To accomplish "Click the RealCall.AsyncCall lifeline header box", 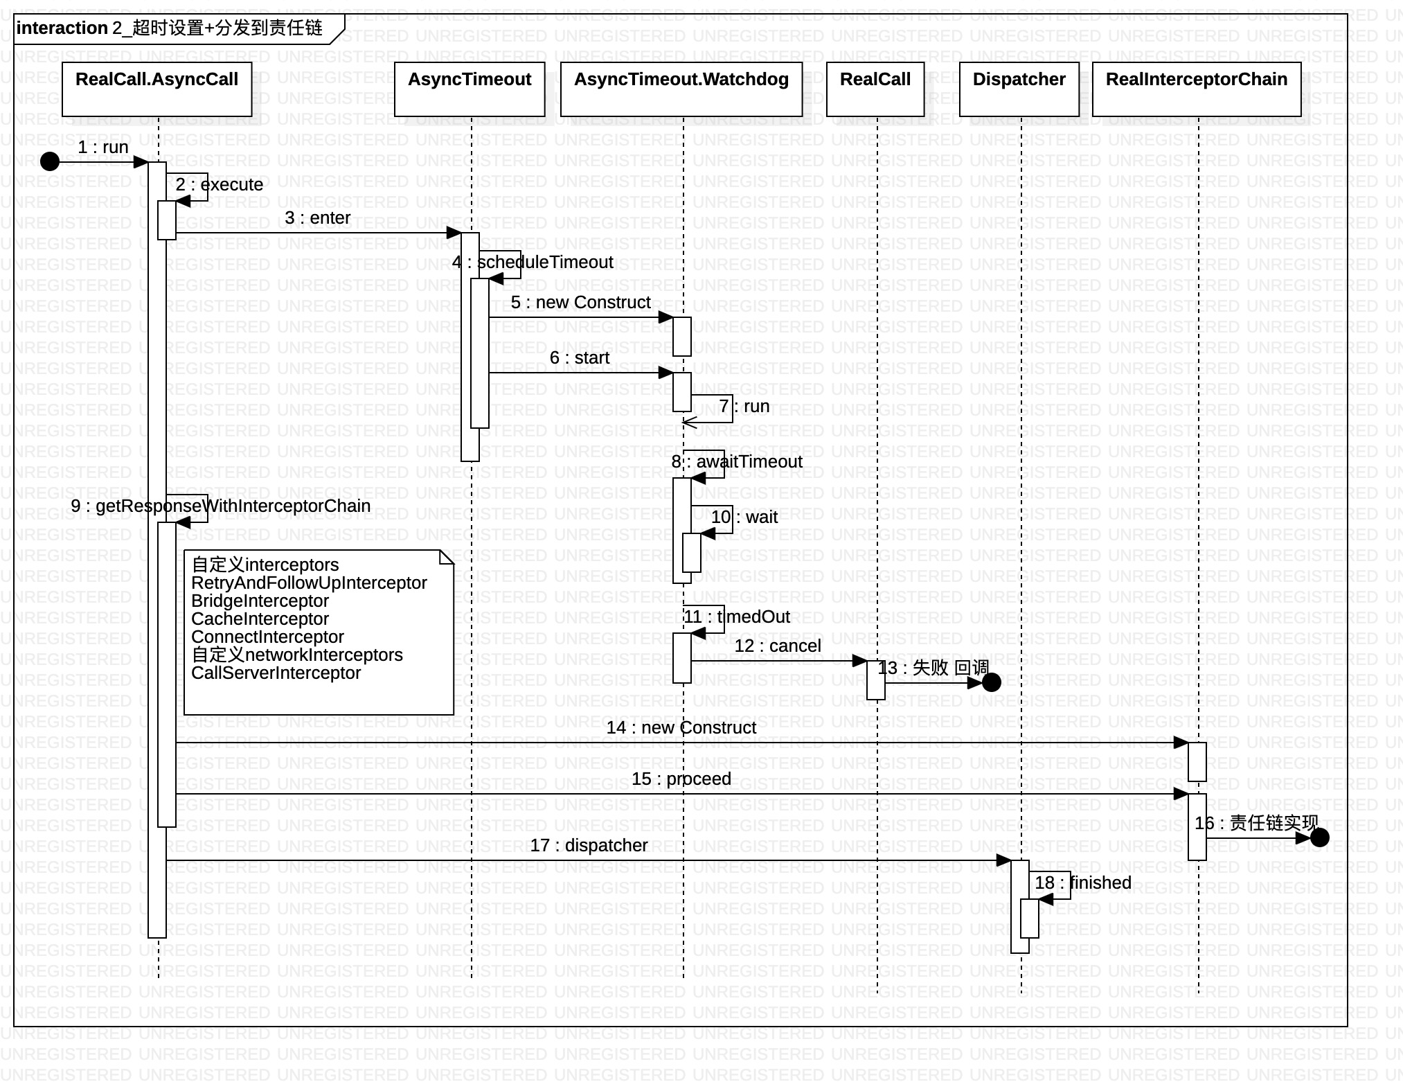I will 157,89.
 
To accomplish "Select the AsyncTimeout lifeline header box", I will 470,89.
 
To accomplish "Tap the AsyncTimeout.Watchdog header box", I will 681,89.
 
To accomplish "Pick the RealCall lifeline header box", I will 875,89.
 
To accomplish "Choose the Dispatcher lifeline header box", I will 1019,89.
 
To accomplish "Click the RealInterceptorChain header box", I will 1196,89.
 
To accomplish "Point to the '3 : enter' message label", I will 317,218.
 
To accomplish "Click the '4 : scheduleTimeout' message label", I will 533,263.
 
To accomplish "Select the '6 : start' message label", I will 580,358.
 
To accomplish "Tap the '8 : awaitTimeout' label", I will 737,462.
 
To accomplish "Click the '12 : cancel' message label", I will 778,646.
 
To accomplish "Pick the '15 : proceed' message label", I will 681,779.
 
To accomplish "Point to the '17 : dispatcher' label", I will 589,846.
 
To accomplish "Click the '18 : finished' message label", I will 1083,883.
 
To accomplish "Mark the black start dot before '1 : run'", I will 50,162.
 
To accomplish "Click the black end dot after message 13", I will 992,683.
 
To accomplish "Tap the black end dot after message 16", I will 1320,838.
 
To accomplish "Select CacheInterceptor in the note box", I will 260,619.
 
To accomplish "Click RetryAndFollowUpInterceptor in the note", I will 309,583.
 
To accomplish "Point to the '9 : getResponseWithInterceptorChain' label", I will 220,506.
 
